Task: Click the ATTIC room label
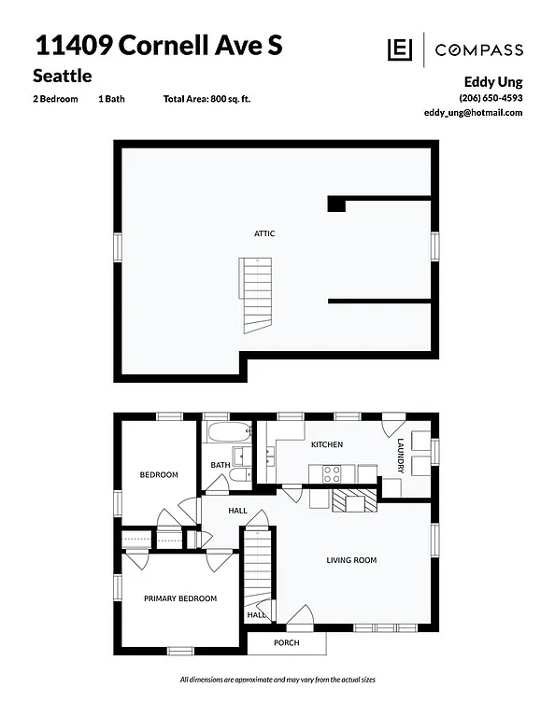(x=264, y=233)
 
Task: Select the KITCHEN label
(x=327, y=444)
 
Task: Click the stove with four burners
(x=332, y=473)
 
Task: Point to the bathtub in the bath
(x=227, y=433)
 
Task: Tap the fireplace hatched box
(x=356, y=501)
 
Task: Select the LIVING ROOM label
(x=351, y=560)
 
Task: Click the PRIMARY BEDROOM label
(x=179, y=598)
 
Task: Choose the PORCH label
(x=286, y=643)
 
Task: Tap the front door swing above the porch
(x=301, y=618)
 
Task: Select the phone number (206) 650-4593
(x=491, y=98)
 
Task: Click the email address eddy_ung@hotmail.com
(x=473, y=112)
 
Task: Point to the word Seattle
(x=63, y=75)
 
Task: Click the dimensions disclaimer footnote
(x=277, y=679)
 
